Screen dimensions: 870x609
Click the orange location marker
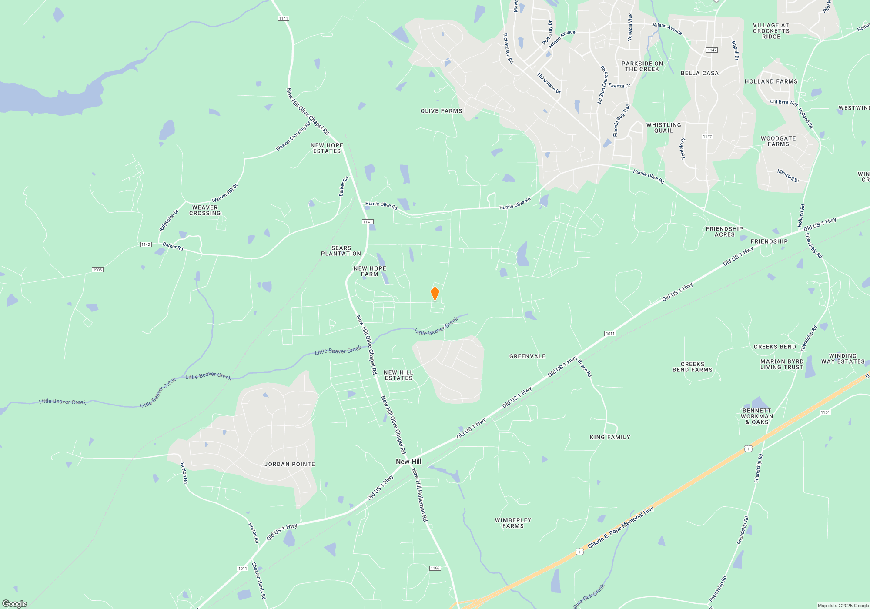[435, 294]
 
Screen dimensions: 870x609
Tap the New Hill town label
[408, 462]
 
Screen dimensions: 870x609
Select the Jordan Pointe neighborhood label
[289, 464]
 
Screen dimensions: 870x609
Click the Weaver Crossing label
[205, 211]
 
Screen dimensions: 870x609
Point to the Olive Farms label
[441, 111]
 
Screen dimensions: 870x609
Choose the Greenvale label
[527, 356]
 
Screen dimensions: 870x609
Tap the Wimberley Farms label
[513, 523]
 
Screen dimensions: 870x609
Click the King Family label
[610, 437]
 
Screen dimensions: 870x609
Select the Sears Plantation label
[341, 251]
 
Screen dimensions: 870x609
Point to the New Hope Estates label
[327, 148]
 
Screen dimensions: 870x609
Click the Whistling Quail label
[663, 128]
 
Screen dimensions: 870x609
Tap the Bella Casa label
[699, 73]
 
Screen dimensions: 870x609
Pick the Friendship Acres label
[724, 232]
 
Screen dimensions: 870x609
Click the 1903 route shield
[97, 270]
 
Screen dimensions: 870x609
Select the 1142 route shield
[146, 244]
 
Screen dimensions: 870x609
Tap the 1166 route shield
[435, 568]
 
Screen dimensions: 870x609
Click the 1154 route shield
[825, 412]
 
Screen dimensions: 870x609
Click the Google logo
[15, 603]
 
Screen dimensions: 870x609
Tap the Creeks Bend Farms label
[693, 367]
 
